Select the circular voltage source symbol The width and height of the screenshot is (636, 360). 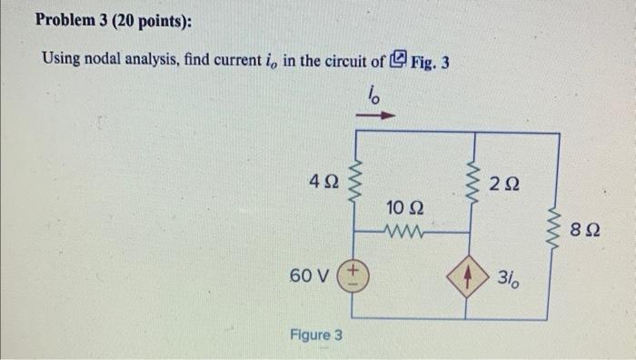(352, 275)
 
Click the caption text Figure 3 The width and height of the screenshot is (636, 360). (315, 335)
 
